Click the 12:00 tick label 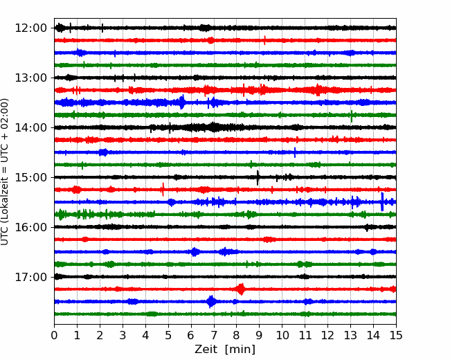30,28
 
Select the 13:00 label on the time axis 30,78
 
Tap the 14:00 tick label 30,127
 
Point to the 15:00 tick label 30,177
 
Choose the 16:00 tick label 30,227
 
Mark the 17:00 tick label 30,277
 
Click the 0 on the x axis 54,335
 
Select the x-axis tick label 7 214,335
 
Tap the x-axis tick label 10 282,335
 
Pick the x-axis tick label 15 396,335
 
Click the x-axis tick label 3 123,335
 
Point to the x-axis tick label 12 327,335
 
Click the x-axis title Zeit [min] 225,350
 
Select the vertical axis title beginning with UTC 5,172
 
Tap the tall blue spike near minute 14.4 382,202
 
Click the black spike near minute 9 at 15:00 258,178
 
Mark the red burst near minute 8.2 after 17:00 241,289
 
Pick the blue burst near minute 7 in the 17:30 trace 212,301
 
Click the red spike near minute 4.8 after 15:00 163,189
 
